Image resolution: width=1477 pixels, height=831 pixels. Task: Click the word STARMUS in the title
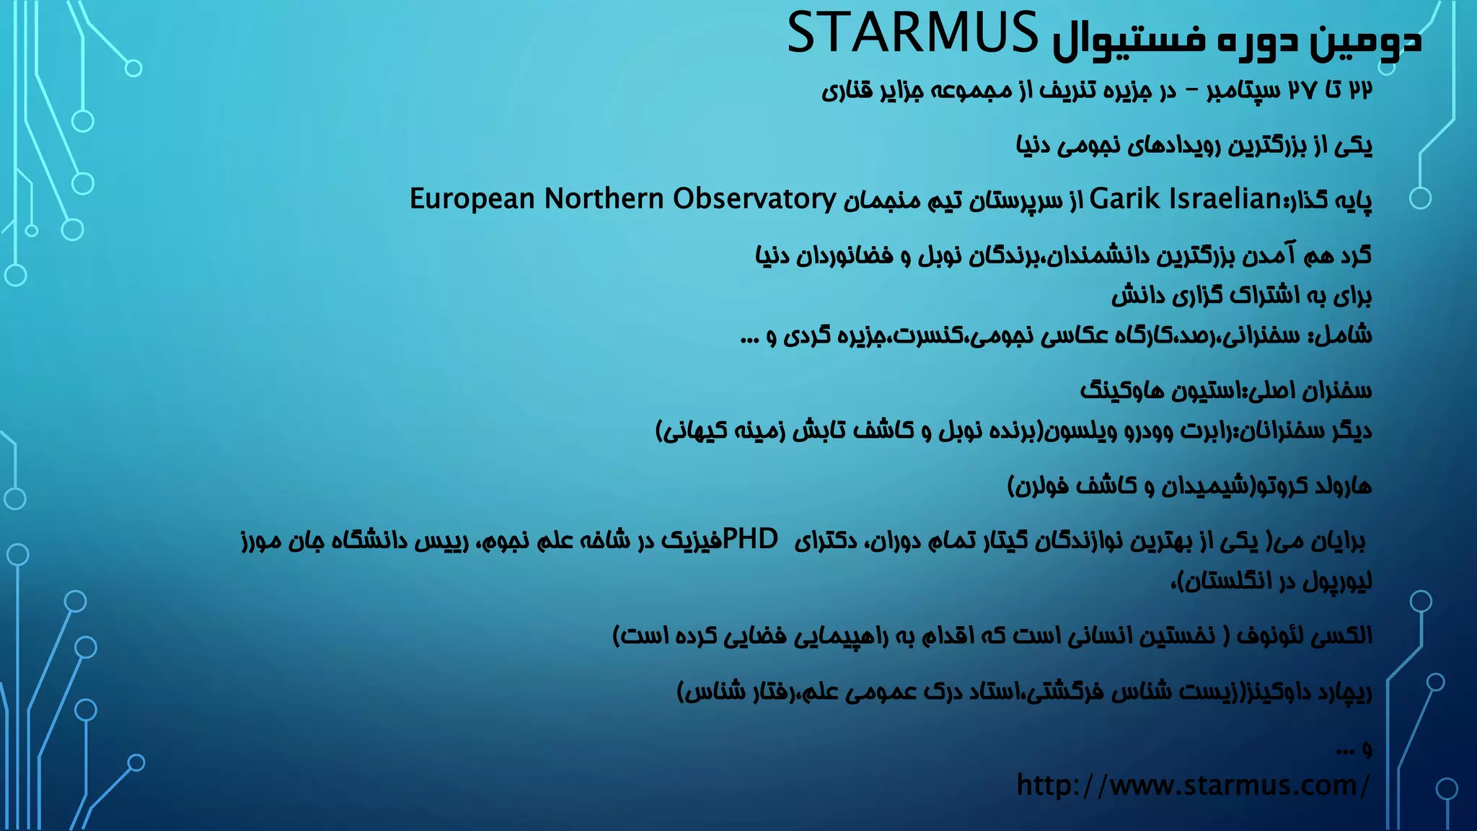coord(912,35)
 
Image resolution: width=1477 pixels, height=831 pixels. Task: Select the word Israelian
coord(1225,198)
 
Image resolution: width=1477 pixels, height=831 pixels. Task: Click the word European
coord(472,198)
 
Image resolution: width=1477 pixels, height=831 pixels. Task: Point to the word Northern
coord(604,198)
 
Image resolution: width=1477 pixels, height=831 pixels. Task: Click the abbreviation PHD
coord(750,538)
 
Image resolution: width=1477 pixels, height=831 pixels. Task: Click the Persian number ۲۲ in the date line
coord(1359,91)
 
